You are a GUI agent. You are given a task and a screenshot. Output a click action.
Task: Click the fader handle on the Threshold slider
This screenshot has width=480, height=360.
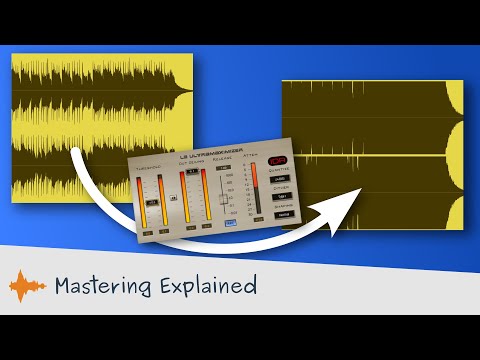click(x=151, y=200)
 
